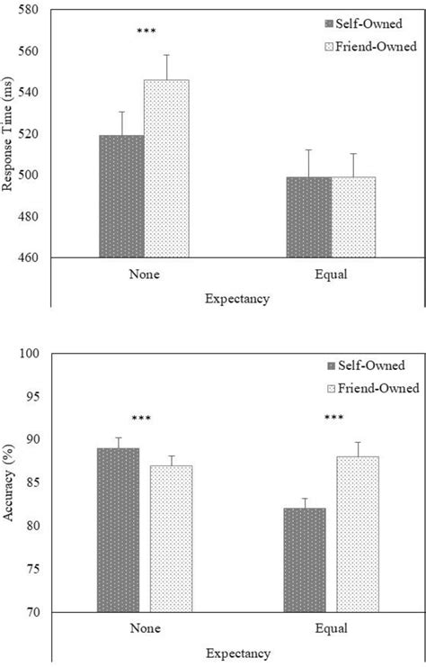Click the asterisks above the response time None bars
[x=146, y=32]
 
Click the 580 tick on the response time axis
[x=37, y=10]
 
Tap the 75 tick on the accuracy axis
[x=40, y=569]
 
